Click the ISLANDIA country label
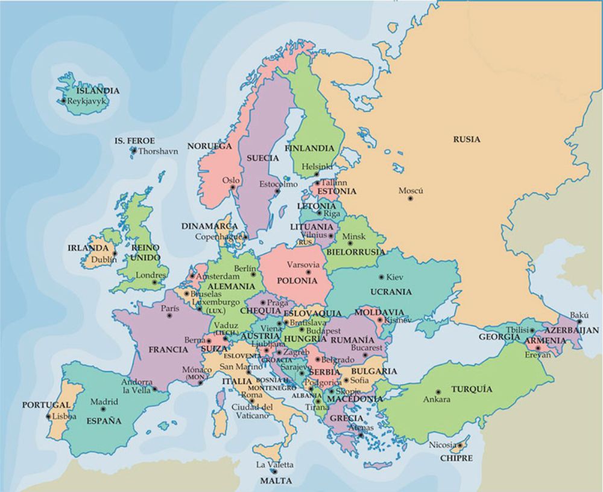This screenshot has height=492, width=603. [x=98, y=91]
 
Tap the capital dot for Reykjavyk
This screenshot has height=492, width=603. [x=63, y=101]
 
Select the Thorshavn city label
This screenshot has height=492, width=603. [x=158, y=152]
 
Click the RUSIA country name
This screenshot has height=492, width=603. [x=467, y=139]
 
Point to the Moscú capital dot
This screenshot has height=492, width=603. [x=411, y=198]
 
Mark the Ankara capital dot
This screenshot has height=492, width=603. [x=438, y=392]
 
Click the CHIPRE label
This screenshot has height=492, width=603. [x=456, y=458]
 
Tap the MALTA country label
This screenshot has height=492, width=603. [x=276, y=481]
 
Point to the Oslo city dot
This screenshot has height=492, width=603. [x=233, y=188]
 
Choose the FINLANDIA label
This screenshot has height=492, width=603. [x=309, y=148]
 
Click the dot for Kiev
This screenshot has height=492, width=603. [x=381, y=277]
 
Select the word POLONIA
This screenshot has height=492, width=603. [x=297, y=281]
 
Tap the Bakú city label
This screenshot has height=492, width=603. [x=579, y=315]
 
